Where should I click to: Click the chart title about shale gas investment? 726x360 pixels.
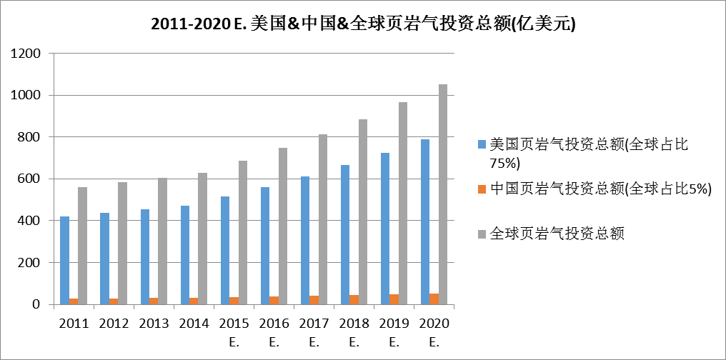point(363,23)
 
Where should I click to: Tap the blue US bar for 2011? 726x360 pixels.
point(65,260)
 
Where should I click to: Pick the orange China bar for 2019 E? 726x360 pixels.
point(394,299)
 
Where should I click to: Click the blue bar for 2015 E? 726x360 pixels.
point(225,250)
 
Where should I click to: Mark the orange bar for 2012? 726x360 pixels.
point(114,301)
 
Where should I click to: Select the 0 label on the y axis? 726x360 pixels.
point(40,305)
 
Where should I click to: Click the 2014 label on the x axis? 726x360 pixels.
point(194,324)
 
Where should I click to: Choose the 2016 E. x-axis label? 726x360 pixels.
point(274,332)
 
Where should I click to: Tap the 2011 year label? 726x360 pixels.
point(74,324)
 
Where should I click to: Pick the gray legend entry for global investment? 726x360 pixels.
point(557,234)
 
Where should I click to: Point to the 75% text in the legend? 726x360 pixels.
point(505,163)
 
